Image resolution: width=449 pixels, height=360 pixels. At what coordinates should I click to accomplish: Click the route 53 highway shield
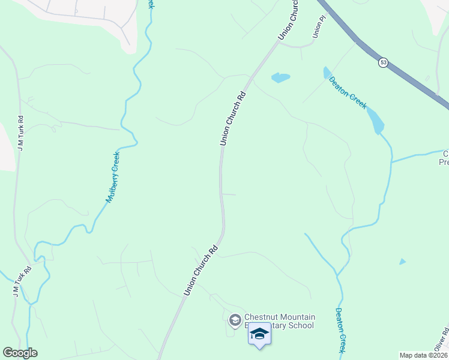pos(382,62)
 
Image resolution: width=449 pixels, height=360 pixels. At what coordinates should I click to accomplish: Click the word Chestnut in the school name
pos(261,317)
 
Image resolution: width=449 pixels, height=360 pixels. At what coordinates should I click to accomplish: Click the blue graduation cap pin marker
pos(259,334)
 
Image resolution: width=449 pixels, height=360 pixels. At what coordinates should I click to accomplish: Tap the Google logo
pos(20,353)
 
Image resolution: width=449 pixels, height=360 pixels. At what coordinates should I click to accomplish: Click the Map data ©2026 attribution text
pos(424,355)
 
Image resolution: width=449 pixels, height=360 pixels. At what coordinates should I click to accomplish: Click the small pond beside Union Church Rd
pos(280,77)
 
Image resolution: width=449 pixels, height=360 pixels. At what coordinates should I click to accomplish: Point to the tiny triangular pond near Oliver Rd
pos(402,262)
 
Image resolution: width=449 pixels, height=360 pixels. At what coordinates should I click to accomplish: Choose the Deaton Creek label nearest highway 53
pos(347,92)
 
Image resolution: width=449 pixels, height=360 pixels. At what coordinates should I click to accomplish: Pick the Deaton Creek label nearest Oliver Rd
pos(340,330)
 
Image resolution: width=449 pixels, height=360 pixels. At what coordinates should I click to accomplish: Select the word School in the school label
pos(301,326)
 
